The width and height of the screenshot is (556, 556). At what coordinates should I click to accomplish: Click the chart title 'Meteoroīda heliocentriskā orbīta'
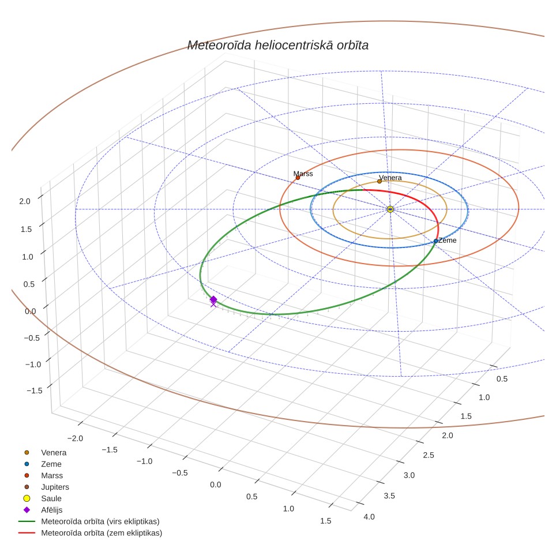click(277, 45)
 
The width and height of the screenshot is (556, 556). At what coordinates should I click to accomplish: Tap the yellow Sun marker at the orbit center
click(390, 209)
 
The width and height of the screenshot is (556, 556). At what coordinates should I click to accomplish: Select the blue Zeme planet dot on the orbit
click(436, 241)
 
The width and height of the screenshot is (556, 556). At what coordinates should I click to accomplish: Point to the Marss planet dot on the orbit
click(298, 178)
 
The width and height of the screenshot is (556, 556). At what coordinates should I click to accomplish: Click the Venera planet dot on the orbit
click(380, 181)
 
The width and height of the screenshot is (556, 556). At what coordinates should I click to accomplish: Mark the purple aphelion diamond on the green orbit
click(213, 300)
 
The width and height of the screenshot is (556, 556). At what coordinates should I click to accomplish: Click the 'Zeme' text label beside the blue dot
click(447, 241)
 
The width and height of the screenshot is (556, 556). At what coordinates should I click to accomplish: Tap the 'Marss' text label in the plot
click(303, 174)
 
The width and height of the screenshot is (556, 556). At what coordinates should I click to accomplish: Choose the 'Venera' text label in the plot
click(390, 177)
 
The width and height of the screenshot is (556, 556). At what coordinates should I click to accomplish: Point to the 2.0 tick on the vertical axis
click(25, 201)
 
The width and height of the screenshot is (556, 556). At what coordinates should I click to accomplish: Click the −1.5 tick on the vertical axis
click(35, 390)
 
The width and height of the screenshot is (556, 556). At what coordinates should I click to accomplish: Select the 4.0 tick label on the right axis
click(369, 517)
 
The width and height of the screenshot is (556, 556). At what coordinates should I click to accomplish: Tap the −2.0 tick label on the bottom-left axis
click(75, 438)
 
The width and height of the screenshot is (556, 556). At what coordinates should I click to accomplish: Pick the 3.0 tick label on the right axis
click(409, 475)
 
